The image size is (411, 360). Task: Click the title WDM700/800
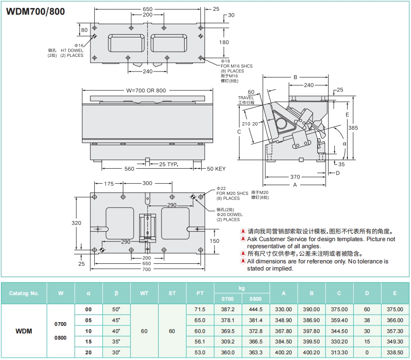[35, 11]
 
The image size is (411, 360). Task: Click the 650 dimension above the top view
[148, 9]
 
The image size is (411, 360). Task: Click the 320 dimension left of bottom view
[77, 223]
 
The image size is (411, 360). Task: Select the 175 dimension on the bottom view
[109, 184]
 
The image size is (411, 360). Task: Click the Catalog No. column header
[24, 293]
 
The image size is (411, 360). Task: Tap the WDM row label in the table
[24, 331]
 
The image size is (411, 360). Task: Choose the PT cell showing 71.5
[200, 309]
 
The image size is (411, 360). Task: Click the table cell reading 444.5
[256, 309]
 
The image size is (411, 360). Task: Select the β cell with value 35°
[116, 342]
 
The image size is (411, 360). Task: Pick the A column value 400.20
[284, 352]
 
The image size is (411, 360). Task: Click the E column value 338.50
[394, 352]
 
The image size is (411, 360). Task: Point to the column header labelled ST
[172, 293]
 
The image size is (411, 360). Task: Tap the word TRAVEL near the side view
[246, 98]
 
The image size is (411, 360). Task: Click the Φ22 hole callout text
[222, 189]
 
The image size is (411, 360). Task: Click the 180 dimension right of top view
[224, 42]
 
